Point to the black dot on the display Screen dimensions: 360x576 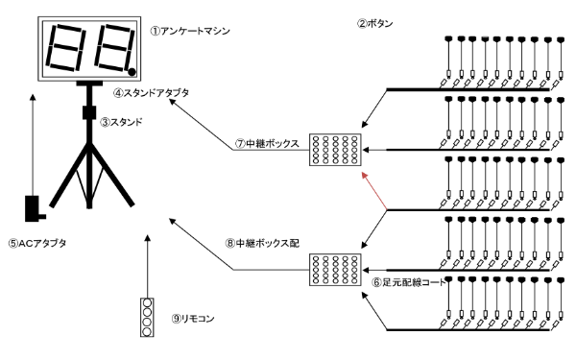click(x=132, y=69)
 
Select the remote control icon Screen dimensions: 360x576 click(x=146, y=318)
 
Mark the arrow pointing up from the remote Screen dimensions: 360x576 click(x=146, y=265)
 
